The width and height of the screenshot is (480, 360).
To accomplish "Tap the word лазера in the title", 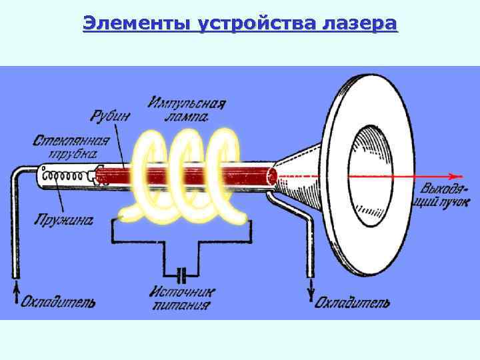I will click(359, 25).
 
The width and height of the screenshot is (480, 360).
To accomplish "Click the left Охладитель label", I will click(57, 303).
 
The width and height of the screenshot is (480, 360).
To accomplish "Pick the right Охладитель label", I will click(351, 303).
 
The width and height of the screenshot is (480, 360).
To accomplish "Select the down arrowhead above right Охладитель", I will click(309, 293).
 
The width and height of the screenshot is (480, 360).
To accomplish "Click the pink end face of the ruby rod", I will click(272, 177).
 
